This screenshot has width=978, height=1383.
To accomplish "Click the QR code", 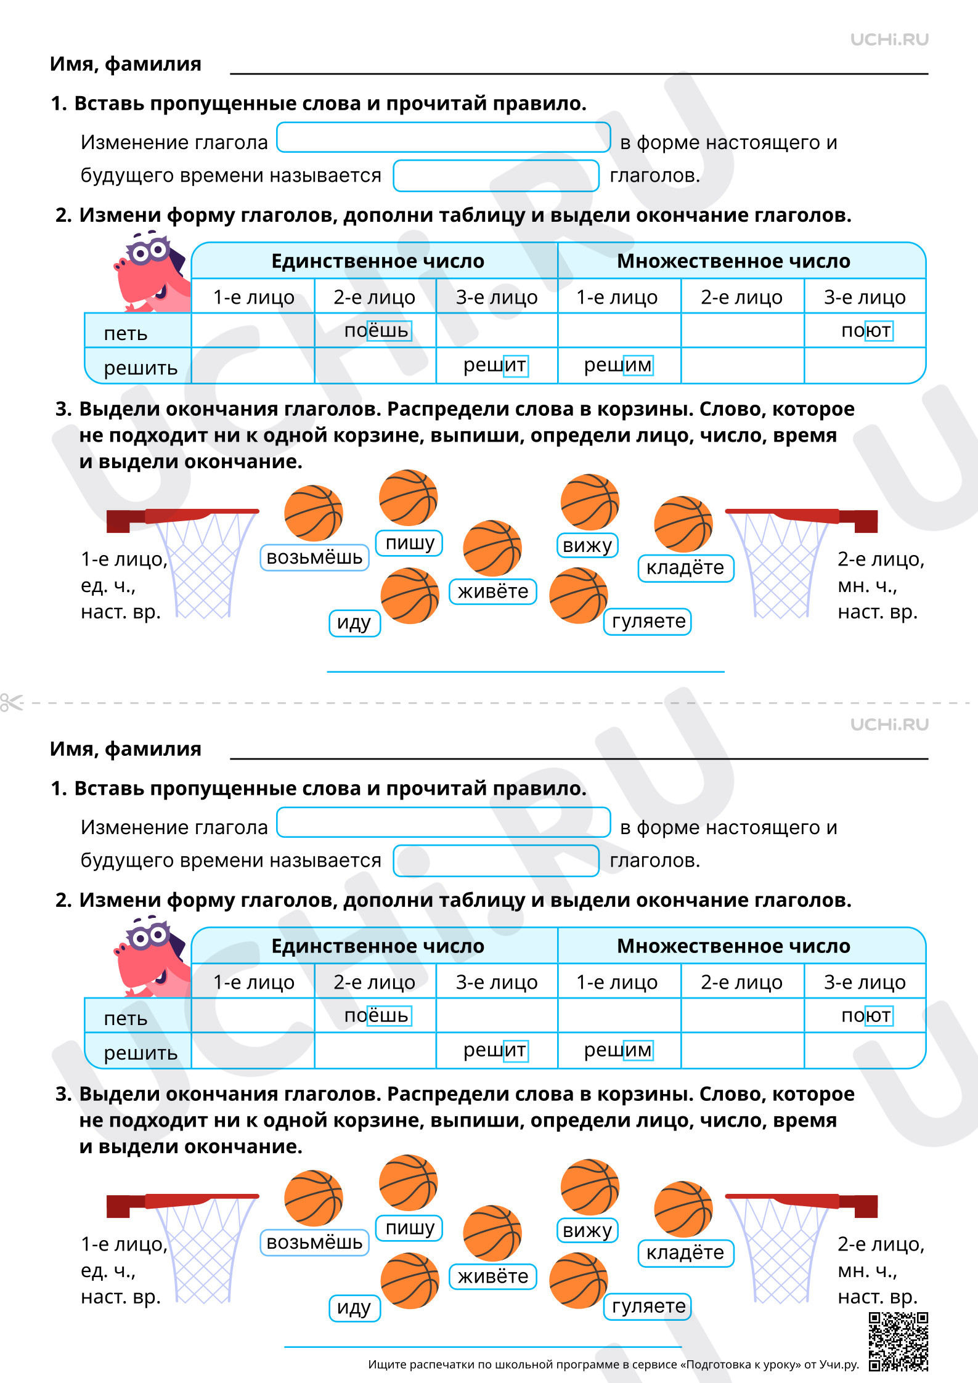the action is click(x=898, y=1341).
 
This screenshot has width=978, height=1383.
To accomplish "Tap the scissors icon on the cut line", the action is click(x=11, y=702).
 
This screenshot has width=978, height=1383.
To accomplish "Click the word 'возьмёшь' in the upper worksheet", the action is click(x=314, y=558).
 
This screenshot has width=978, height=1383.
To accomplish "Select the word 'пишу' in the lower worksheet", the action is click(x=410, y=1228).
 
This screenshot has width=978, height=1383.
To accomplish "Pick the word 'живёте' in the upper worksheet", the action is click(x=493, y=591).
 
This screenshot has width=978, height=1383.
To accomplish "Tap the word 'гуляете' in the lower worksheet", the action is click(x=648, y=1306).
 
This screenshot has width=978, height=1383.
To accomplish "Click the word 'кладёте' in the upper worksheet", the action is click(x=685, y=567).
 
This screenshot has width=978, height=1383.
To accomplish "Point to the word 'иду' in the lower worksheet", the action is click(x=354, y=1308).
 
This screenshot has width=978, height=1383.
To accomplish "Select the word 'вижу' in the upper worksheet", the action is click(x=587, y=545).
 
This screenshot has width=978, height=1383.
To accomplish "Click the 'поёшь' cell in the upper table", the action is click(x=376, y=331).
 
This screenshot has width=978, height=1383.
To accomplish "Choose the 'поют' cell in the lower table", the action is click(x=865, y=1015).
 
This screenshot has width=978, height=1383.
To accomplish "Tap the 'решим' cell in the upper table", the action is click(x=619, y=365).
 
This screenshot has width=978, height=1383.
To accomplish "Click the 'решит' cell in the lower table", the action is click(x=496, y=1050).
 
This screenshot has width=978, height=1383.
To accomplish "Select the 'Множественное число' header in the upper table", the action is click(x=733, y=261).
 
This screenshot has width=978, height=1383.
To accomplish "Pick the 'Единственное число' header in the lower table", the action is click(x=378, y=946).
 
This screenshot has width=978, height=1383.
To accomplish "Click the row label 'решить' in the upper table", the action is click(x=141, y=368).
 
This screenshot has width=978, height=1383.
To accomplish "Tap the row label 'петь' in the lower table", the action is click(x=126, y=1019).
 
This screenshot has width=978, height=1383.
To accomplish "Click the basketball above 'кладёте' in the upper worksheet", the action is click(x=683, y=524).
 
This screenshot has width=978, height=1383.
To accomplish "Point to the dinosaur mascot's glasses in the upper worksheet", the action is click(x=148, y=250).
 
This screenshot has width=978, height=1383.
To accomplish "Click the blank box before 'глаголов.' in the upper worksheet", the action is click(x=496, y=176).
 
